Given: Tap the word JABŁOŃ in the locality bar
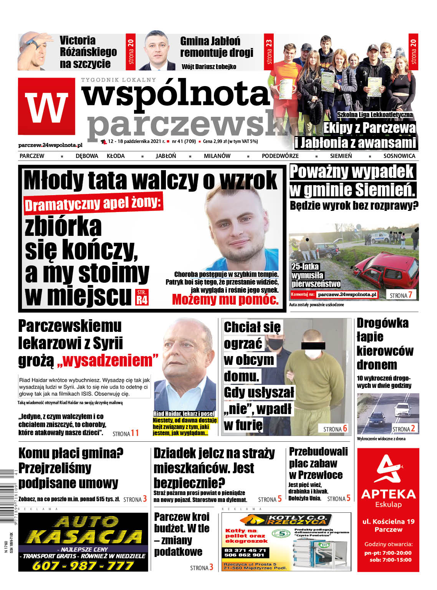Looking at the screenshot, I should (x=166, y=156).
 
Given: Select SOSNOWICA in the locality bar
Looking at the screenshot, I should (x=399, y=156).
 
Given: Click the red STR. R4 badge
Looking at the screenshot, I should (x=142, y=297).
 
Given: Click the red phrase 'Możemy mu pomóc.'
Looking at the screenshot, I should (x=225, y=299).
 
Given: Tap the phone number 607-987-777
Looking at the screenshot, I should (x=83, y=565).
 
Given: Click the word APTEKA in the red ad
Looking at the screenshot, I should (x=388, y=494).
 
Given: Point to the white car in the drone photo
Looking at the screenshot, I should (x=402, y=409).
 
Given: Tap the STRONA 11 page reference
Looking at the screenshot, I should (x=126, y=434).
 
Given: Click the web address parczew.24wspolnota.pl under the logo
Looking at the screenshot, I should (x=50, y=145).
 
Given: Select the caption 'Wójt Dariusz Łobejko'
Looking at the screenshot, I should (x=209, y=67).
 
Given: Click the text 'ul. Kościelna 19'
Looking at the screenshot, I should (x=388, y=521).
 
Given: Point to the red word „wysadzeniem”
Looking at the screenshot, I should (x=108, y=361).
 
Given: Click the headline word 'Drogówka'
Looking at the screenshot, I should (x=382, y=323).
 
